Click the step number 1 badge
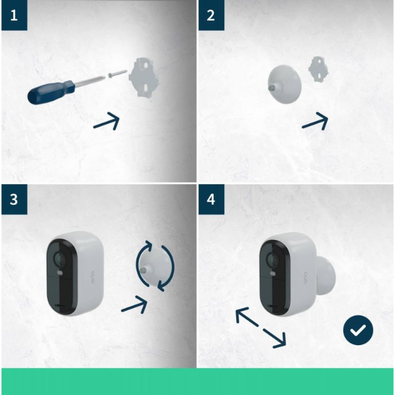tap(13, 15)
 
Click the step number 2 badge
tap(211, 15)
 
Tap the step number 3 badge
tap(13, 199)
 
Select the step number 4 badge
tap(211, 199)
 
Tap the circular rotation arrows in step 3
tap(154, 266)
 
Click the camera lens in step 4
tap(270, 260)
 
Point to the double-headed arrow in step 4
tap(260, 328)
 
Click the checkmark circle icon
tap(358, 330)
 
